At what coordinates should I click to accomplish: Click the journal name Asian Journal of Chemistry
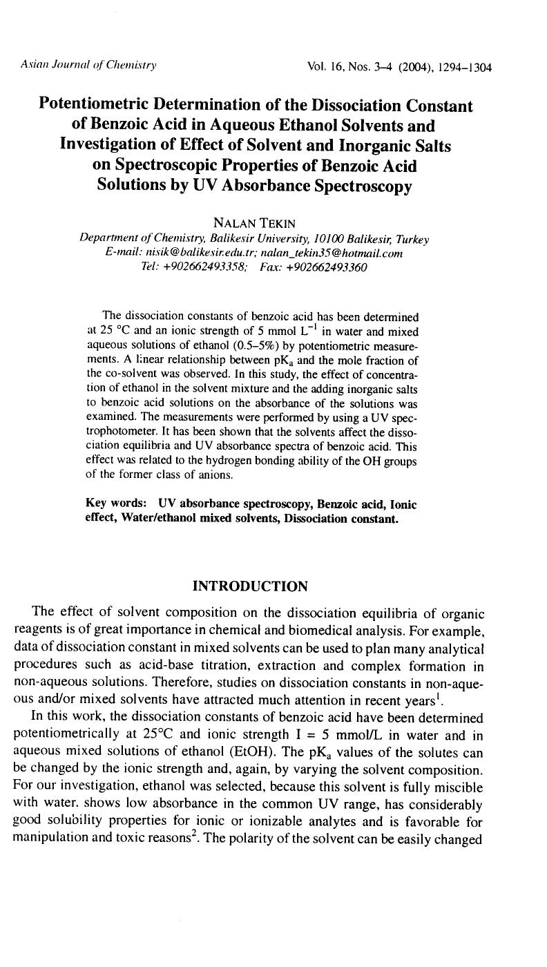(88, 66)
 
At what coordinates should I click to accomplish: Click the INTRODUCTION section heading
(249, 586)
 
